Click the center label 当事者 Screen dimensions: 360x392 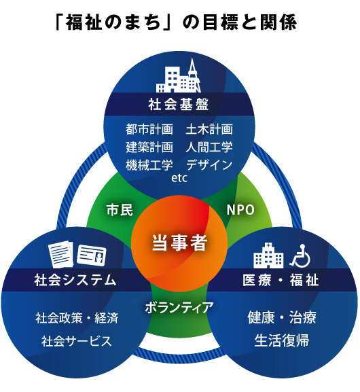[x=180, y=243]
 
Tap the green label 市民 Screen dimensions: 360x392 [x=120, y=209]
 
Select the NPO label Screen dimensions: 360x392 [x=240, y=210]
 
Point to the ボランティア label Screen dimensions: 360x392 [x=179, y=307]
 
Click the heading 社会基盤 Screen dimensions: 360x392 [x=179, y=104]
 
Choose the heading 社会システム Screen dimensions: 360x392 [x=75, y=280]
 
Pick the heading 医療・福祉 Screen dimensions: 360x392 [x=281, y=280]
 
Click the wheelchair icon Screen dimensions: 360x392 [x=300, y=255]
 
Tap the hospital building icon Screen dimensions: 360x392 [x=268, y=255]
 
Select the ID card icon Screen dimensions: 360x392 [x=92, y=255]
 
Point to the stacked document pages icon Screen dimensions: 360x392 [x=60, y=254]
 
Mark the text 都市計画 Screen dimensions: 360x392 [x=149, y=130]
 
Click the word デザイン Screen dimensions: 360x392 [x=209, y=165]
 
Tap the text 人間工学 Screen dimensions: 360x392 [x=209, y=147]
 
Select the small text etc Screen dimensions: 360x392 [x=179, y=178]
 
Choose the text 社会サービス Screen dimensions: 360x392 [x=77, y=341]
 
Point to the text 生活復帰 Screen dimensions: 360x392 [x=282, y=340]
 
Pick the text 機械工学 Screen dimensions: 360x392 [x=149, y=165]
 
